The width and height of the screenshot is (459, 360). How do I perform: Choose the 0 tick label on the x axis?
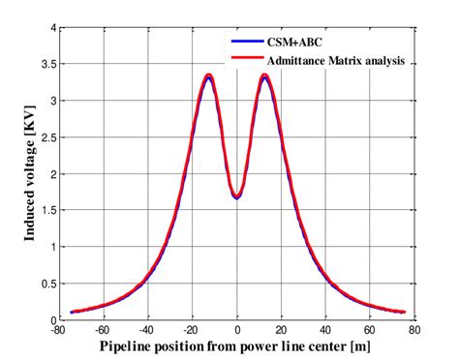(x=237, y=330)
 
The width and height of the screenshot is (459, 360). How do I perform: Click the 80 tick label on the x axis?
(x=413, y=330)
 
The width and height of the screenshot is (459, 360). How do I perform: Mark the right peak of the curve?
(x=264, y=75)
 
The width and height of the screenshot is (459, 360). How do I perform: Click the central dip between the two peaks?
(x=237, y=196)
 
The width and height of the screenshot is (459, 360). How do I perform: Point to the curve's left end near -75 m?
(x=73, y=312)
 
